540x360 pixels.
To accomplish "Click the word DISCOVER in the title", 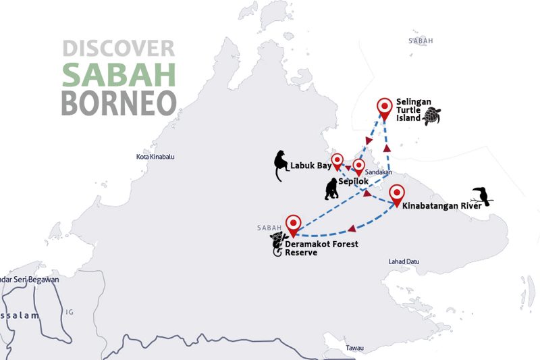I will pyautogui.click(x=118, y=48).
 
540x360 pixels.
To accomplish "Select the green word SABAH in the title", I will pyautogui.click(x=118, y=75).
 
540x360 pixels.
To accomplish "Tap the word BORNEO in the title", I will pyautogui.click(x=118, y=103).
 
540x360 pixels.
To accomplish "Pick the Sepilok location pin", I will pyautogui.click(x=358, y=167).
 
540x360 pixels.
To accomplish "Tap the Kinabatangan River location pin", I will pyautogui.click(x=397, y=194).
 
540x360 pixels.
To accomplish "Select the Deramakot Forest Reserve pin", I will pyautogui.click(x=293, y=224).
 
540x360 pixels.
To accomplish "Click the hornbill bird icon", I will pyautogui.click(x=482, y=196).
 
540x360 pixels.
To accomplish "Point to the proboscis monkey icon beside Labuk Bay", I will pyautogui.click(x=279, y=165).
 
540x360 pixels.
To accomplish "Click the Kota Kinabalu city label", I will pyautogui.click(x=155, y=157).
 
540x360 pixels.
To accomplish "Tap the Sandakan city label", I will pyautogui.click(x=379, y=172).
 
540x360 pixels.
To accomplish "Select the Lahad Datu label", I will pyautogui.click(x=404, y=261).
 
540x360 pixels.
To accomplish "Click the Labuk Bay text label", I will pyautogui.click(x=311, y=164).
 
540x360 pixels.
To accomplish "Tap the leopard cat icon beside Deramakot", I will pyautogui.click(x=277, y=244).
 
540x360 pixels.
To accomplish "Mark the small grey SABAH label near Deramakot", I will pyautogui.click(x=269, y=228).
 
